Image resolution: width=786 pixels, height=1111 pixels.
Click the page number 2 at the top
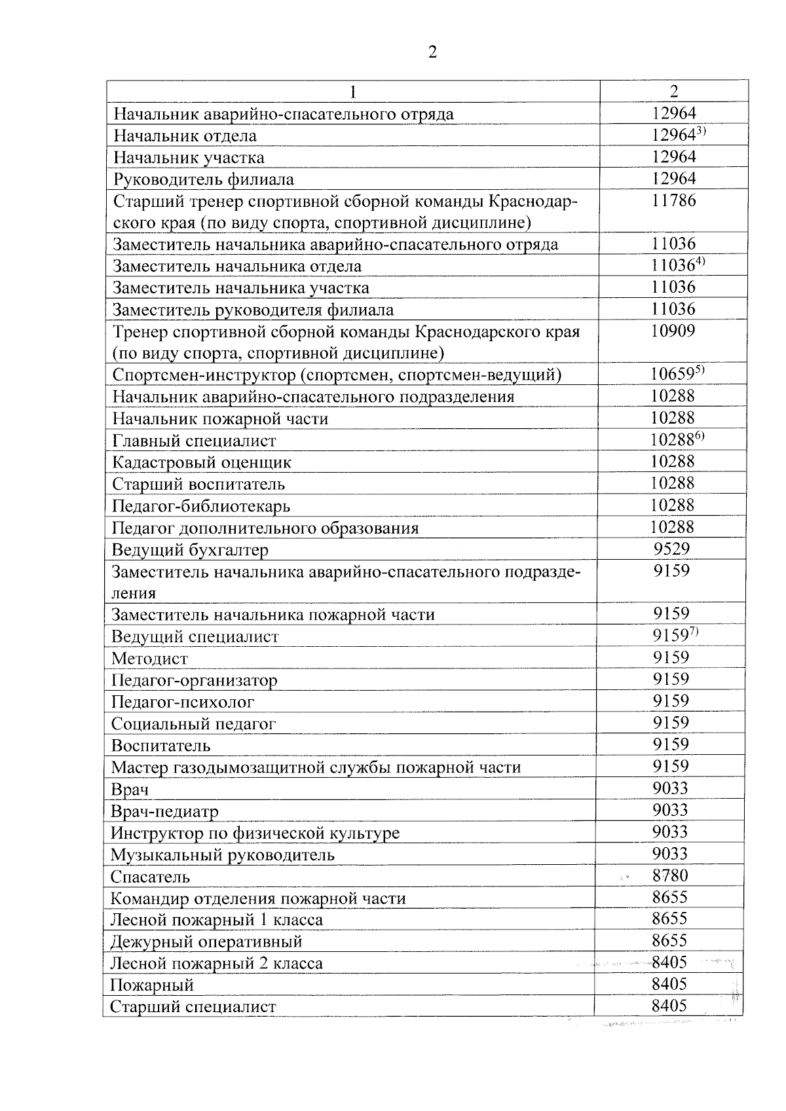(x=432, y=52)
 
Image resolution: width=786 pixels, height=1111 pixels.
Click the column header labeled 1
(x=353, y=92)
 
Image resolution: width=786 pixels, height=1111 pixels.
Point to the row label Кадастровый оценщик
(x=202, y=463)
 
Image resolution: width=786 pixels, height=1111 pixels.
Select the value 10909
(x=673, y=331)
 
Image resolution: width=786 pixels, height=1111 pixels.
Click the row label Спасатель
(x=150, y=877)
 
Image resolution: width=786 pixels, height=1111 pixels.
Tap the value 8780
(x=671, y=875)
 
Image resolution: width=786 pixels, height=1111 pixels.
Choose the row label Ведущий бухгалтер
(x=190, y=550)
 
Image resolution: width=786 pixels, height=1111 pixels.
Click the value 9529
(x=671, y=549)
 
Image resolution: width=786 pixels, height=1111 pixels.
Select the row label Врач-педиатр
(x=164, y=812)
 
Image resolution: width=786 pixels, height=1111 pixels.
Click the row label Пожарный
(x=152, y=985)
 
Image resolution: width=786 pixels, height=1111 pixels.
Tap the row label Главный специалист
(x=194, y=441)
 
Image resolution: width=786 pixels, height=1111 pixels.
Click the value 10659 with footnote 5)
(x=672, y=374)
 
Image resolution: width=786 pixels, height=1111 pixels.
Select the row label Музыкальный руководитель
(x=223, y=855)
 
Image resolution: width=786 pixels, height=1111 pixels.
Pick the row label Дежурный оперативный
(x=206, y=942)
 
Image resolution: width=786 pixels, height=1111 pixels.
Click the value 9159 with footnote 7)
(x=669, y=636)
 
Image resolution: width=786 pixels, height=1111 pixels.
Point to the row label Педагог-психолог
(x=183, y=702)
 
